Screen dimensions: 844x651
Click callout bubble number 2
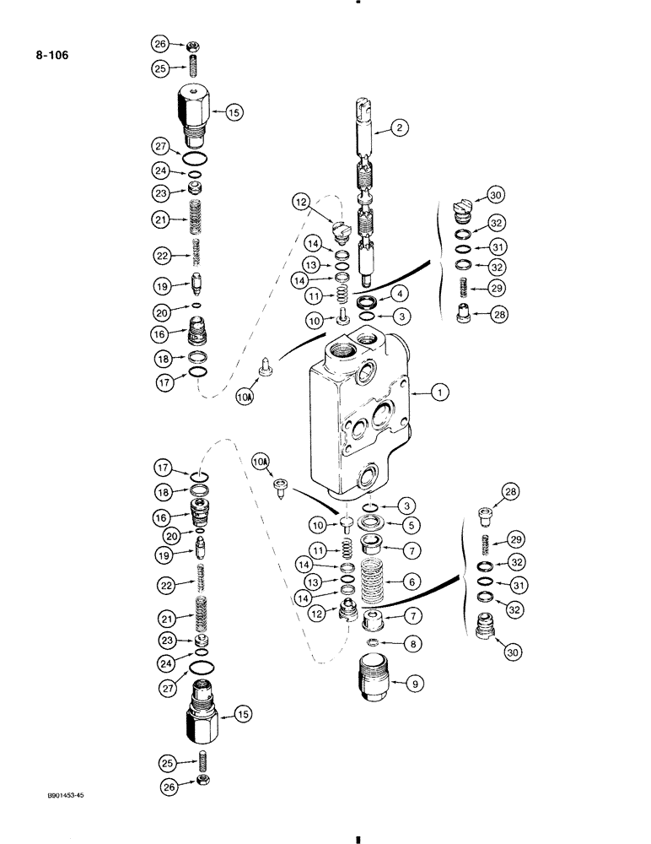tap(400, 129)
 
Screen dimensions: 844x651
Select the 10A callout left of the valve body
tap(245, 395)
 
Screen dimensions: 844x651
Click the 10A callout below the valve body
tap(261, 461)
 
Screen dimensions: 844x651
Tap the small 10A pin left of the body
tap(266, 369)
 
